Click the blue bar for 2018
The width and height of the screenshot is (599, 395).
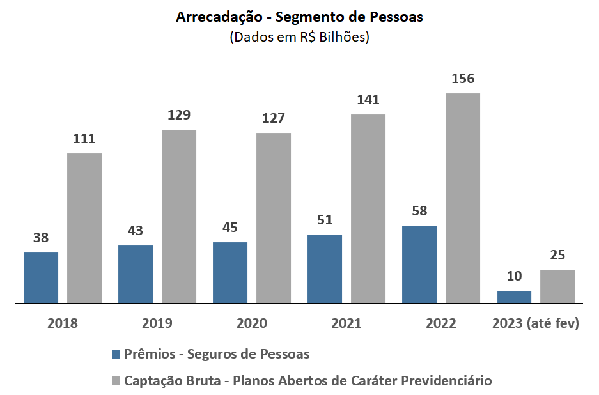[41, 277]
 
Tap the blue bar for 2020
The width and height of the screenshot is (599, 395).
[230, 272]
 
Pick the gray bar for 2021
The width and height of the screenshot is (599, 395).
[368, 208]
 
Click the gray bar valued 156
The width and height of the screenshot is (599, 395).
[463, 198]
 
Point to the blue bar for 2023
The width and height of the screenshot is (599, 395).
[514, 297]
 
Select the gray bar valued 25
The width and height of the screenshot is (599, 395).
[557, 286]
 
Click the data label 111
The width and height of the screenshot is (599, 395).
[84, 139]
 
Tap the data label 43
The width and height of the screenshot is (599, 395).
[136, 231]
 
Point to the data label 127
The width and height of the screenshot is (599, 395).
[274, 118]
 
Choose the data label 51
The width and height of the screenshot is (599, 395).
[325, 220]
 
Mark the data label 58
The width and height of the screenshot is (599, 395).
[419, 211]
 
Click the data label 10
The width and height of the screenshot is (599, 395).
[514, 276]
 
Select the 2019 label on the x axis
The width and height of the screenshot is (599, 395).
[157, 323]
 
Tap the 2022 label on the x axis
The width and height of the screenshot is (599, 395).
[441, 323]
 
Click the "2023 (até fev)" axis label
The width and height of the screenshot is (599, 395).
[536, 323]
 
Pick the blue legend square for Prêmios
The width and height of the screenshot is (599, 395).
[116, 354]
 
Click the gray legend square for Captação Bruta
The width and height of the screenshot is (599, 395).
[116, 381]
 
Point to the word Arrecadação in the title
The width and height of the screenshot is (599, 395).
[217, 17]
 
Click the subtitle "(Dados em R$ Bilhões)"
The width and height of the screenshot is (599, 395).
[299, 37]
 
